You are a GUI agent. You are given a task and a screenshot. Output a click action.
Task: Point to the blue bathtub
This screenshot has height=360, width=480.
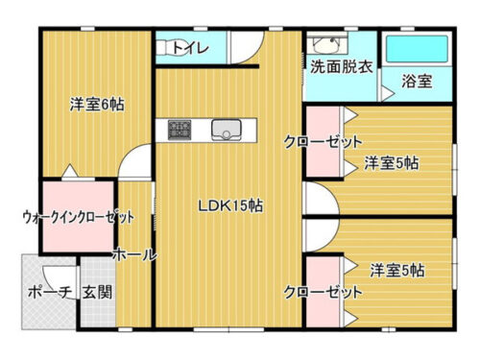(417, 49)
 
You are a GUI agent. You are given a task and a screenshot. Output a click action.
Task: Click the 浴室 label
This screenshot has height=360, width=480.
(417, 83)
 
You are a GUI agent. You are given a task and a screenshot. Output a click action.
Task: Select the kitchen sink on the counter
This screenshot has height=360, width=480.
(227, 128)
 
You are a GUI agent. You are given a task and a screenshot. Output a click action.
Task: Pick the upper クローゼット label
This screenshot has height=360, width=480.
(315, 142)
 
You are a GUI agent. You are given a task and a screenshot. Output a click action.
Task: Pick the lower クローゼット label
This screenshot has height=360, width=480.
(315, 291)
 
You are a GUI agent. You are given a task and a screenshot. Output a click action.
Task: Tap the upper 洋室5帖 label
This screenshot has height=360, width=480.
(392, 163)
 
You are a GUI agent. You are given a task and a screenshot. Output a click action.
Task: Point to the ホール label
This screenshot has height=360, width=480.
(134, 255)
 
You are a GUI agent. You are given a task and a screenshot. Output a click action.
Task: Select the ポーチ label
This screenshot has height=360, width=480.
(49, 292)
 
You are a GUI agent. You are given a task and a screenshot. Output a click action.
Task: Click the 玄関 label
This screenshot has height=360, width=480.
(96, 292)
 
